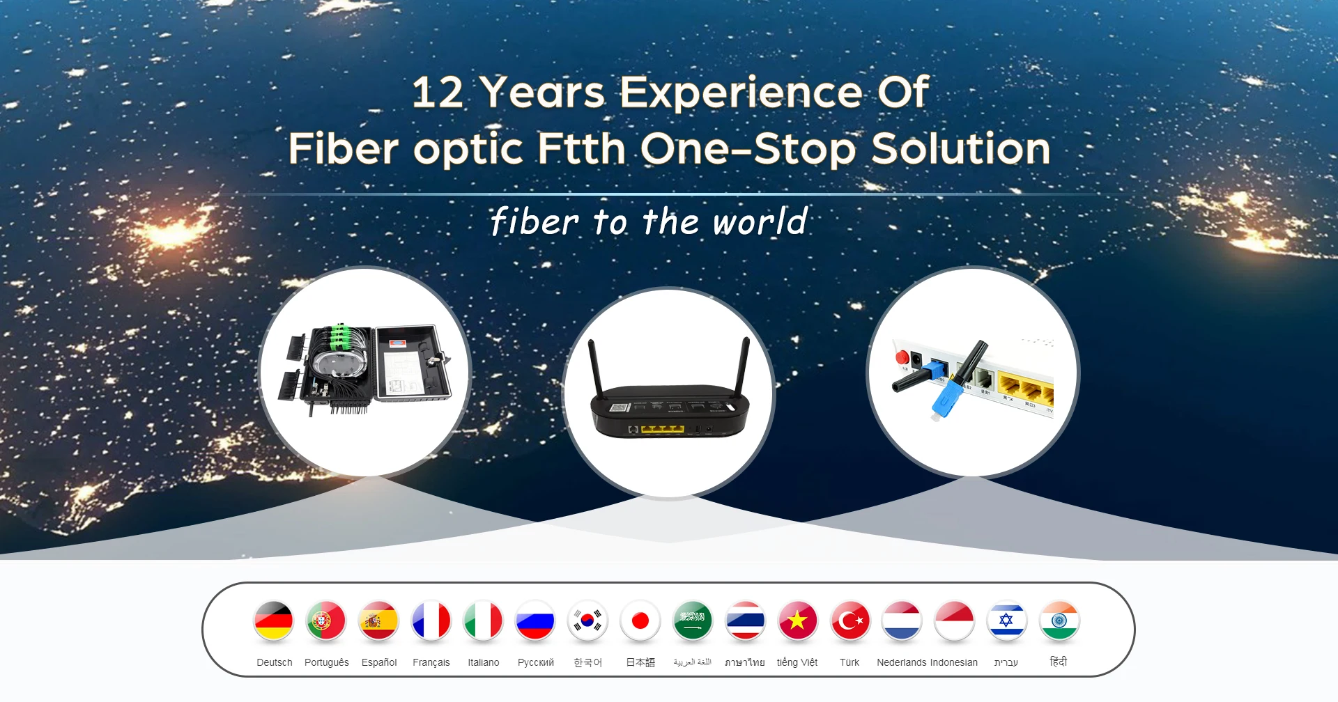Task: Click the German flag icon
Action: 273,620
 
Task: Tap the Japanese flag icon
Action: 640,620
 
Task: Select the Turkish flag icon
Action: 850,620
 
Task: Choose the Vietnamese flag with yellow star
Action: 797,620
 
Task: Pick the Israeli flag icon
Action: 1006,620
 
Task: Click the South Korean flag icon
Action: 587,620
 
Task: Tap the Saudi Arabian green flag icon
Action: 693,620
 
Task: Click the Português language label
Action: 326,662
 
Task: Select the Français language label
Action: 431,662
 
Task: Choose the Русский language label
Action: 535,662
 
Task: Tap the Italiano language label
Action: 483,662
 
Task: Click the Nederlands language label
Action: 901,662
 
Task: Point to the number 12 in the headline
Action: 438,93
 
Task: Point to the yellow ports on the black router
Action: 662,429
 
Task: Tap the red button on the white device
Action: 902,357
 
